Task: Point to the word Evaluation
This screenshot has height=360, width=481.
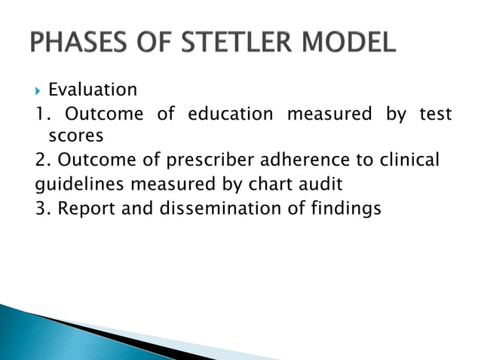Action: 92,90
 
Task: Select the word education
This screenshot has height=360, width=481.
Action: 230,114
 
